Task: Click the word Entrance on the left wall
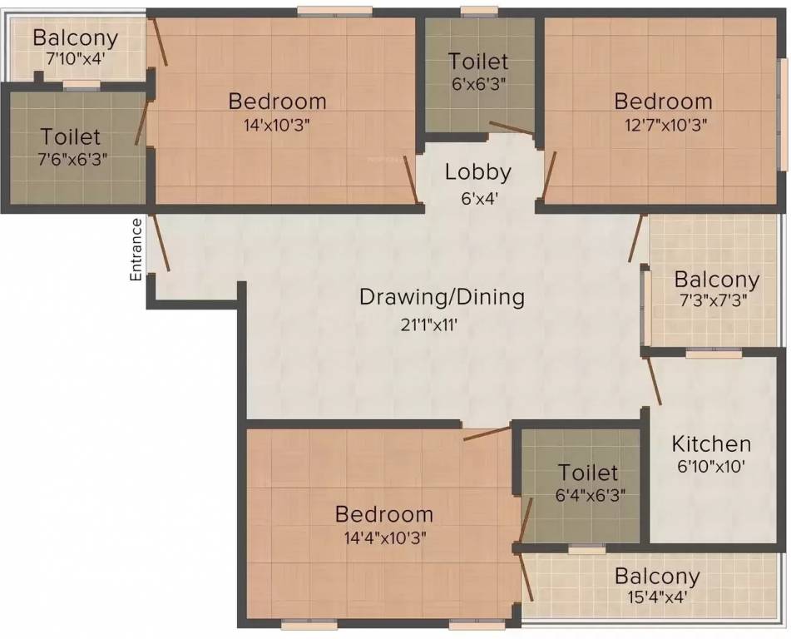pyautogui.click(x=136, y=249)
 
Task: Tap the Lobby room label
pyautogui.click(x=477, y=172)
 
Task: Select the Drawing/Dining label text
pyautogui.click(x=442, y=297)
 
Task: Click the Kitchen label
pyautogui.click(x=711, y=443)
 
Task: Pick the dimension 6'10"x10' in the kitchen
pyautogui.click(x=711, y=467)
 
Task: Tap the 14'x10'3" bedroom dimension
pyautogui.click(x=277, y=126)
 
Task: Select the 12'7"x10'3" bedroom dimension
pyautogui.click(x=663, y=126)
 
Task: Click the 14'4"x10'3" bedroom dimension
pyautogui.click(x=383, y=538)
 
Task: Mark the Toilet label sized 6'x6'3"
pyautogui.click(x=478, y=62)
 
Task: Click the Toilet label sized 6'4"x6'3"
pyautogui.click(x=588, y=473)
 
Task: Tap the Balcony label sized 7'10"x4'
pyautogui.click(x=75, y=38)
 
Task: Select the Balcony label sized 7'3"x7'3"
pyautogui.click(x=716, y=279)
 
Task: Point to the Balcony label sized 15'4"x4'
pyautogui.click(x=656, y=576)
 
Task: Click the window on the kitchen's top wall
pyautogui.click(x=713, y=354)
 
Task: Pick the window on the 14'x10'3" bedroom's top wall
pyautogui.click(x=334, y=12)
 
